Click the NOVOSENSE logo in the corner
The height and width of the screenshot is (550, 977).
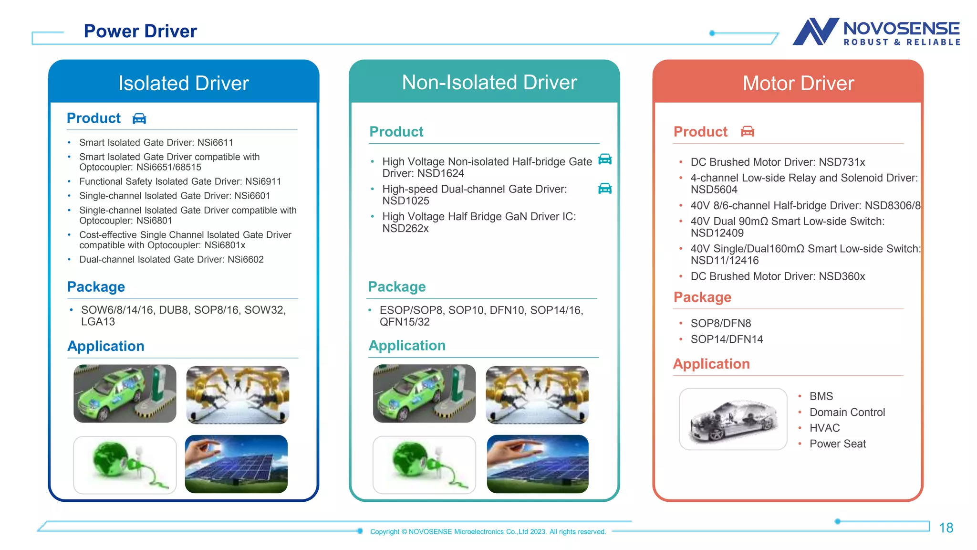click(876, 32)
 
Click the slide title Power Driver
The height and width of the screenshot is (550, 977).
click(140, 32)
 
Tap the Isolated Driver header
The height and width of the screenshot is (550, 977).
click(184, 84)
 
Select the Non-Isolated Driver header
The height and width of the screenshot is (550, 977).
click(489, 83)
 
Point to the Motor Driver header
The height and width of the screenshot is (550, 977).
click(798, 84)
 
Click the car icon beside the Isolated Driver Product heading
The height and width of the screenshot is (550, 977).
click(139, 118)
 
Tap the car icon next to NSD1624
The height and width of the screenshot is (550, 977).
click(604, 159)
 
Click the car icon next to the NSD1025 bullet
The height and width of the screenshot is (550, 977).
click(604, 189)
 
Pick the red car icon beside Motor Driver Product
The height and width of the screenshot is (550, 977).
click(747, 132)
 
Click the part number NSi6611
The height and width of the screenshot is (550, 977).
click(215, 143)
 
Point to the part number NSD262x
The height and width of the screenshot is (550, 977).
click(405, 229)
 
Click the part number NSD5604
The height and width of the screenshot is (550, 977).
click(714, 190)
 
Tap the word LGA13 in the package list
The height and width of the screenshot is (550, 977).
click(98, 322)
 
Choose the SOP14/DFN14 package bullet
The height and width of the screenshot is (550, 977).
click(727, 339)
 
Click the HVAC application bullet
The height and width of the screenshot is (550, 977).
click(824, 428)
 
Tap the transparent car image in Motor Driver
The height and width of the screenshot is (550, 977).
click(733, 419)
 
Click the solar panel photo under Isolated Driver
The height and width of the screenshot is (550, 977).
click(237, 464)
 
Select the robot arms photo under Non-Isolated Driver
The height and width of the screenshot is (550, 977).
click(537, 394)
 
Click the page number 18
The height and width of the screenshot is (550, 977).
click(946, 528)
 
